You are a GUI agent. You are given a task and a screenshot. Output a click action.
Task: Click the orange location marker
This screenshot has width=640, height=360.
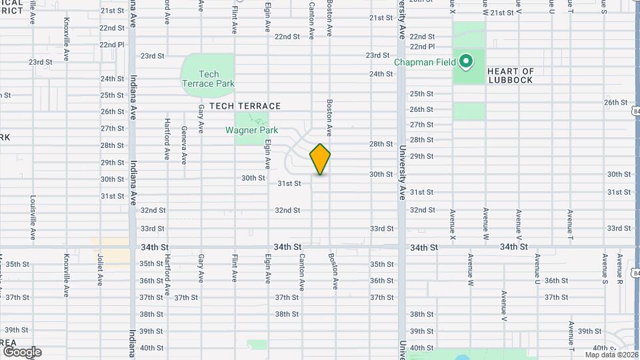coord(320,159)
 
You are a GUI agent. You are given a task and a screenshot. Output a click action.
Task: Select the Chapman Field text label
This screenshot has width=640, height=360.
coord(425,62)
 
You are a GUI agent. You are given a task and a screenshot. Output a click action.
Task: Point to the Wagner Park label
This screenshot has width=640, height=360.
coord(251,131)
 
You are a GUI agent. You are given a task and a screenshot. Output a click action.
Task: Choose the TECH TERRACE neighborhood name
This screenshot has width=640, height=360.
coord(245,106)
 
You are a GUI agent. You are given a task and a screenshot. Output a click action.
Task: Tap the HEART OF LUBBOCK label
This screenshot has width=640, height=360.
coord(511,76)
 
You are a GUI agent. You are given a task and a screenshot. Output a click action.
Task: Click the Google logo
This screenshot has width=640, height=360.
coord(22,352)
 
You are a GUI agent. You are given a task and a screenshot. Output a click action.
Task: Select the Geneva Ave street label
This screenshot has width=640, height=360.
coord(184,149)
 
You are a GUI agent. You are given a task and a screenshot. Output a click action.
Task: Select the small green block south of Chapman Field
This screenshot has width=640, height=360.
coord(469,111)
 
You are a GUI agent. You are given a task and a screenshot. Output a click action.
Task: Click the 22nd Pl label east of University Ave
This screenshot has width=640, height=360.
coord(422,47)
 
